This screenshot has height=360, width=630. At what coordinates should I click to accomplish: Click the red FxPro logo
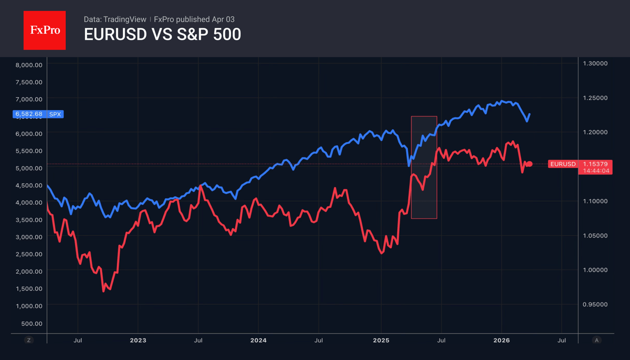[44, 30]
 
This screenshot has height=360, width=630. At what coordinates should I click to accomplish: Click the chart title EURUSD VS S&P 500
[162, 35]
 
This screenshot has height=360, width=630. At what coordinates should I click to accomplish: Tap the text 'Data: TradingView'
[115, 19]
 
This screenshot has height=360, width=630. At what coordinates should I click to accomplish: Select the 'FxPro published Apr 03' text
[194, 19]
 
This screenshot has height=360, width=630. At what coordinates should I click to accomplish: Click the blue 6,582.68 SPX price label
[38, 114]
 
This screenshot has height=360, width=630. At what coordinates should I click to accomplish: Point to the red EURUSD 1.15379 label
[580, 164]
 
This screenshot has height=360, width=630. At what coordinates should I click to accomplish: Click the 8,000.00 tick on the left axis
[29, 65]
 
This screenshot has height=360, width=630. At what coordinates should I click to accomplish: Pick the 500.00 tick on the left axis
[32, 323]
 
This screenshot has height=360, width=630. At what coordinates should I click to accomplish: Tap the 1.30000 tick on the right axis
[595, 64]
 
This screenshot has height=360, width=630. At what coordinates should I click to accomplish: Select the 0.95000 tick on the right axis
[595, 304]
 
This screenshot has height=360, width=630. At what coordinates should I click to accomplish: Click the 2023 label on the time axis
[138, 340]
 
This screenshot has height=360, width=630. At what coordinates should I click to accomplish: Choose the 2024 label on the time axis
[258, 340]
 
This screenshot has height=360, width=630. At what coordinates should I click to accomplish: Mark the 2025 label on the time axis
[381, 340]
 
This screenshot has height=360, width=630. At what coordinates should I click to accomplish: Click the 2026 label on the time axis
[502, 340]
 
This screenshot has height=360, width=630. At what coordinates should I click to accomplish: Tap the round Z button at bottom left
[29, 340]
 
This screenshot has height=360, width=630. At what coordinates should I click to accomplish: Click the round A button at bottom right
[596, 340]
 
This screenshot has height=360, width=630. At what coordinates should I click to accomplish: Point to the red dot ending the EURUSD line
[530, 164]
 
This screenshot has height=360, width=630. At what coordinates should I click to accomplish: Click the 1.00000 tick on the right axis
[595, 270]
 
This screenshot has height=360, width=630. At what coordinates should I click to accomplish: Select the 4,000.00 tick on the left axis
[29, 202]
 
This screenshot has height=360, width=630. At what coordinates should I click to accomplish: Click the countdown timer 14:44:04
[596, 171]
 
